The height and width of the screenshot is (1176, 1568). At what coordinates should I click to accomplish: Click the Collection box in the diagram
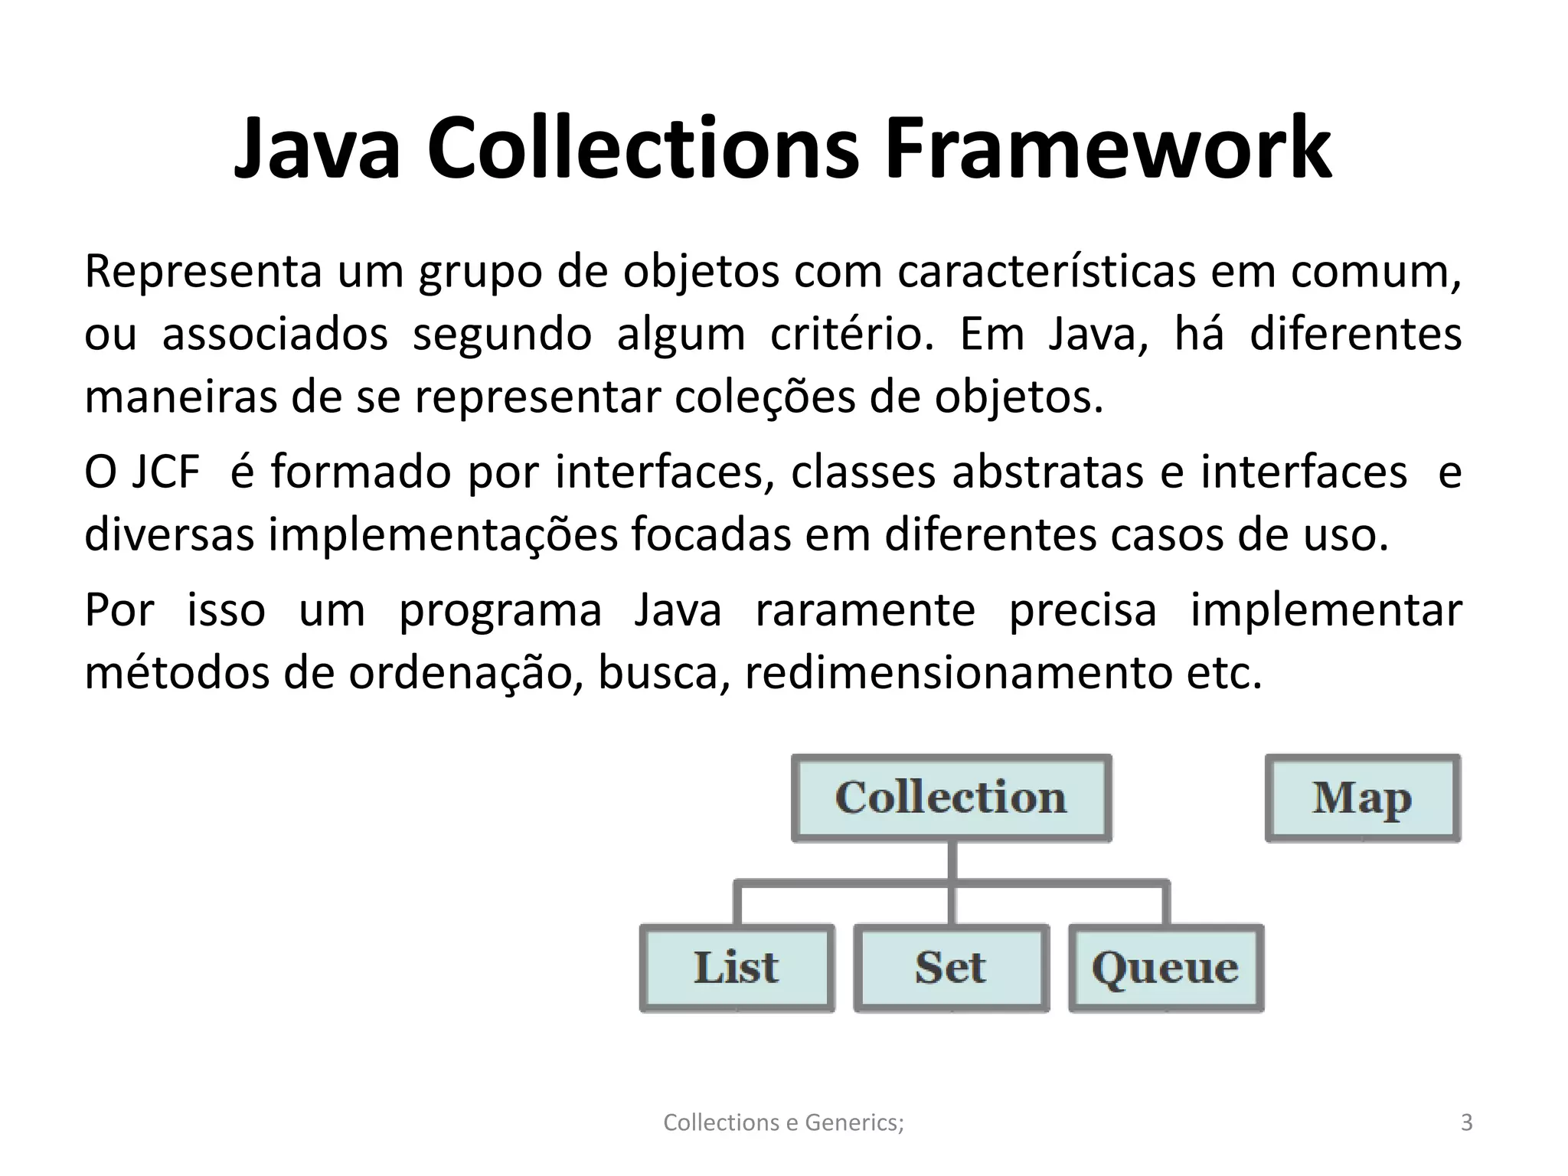click(x=951, y=798)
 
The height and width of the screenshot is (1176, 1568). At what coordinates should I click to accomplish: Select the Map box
click(x=1362, y=798)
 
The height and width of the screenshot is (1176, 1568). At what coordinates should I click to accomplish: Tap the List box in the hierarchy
click(x=737, y=968)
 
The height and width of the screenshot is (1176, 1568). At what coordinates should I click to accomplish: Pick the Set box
click(x=951, y=968)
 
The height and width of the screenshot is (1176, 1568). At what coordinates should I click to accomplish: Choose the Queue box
click(x=1165, y=968)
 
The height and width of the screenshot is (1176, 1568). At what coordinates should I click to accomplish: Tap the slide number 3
click(x=1466, y=1122)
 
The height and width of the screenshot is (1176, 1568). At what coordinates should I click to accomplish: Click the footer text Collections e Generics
click(x=783, y=1122)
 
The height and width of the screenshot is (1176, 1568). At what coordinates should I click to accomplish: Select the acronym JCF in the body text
click(x=165, y=472)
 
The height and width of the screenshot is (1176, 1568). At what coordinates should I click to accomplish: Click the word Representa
click(x=203, y=272)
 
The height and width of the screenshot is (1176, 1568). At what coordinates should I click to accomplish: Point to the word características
click(x=1046, y=272)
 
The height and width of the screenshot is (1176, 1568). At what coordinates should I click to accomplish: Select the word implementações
click(x=443, y=534)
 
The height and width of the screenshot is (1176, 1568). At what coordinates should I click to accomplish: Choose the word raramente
click(x=865, y=611)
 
